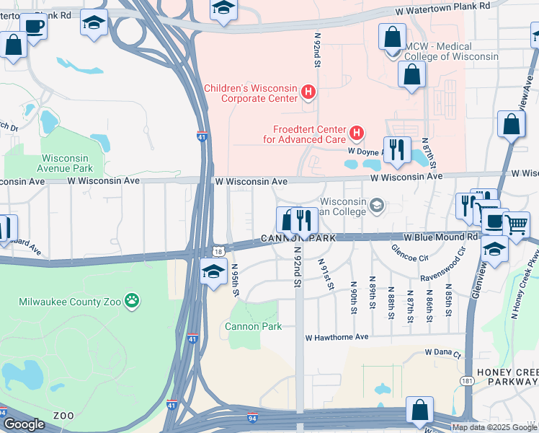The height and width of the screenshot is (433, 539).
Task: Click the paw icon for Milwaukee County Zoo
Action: tap(131, 299)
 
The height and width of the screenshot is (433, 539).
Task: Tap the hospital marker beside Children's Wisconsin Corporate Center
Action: tap(308, 92)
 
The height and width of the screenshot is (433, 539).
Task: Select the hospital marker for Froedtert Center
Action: tap(356, 133)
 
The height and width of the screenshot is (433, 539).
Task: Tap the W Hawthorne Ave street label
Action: tap(337, 337)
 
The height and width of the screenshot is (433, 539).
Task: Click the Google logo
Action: tap(24, 424)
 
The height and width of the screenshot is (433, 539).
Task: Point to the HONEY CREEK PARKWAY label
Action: tap(509, 376)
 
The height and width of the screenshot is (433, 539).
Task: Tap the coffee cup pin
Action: tap(34, 26)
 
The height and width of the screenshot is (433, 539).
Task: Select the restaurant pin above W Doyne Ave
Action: tap(397, 149)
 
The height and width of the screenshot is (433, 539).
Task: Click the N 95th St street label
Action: tap(236, 280)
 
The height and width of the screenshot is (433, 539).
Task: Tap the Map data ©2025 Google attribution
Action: tap(494, 427)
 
